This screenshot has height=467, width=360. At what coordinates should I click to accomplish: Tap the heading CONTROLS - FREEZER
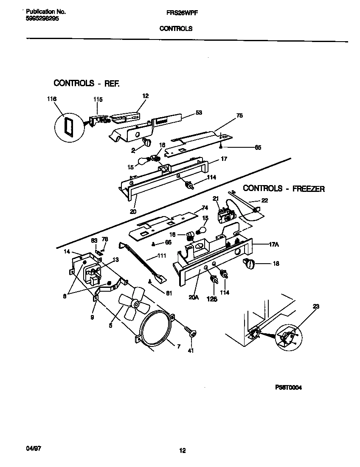point(284,188)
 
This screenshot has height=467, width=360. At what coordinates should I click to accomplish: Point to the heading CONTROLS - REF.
point(86,83)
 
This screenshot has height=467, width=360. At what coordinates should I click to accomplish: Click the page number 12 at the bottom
point(182,450)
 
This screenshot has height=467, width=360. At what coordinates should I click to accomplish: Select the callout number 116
point(51,99)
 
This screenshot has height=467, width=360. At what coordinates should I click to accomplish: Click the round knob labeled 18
point(249,264)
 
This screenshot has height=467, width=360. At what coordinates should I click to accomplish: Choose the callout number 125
point(211,299)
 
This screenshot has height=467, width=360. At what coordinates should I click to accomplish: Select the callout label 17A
point(274,244)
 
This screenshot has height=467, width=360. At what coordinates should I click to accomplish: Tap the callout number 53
point(198,113)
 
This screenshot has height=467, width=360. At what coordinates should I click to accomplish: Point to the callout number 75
point(239,115)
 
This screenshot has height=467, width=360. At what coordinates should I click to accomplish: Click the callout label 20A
point(194,298)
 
